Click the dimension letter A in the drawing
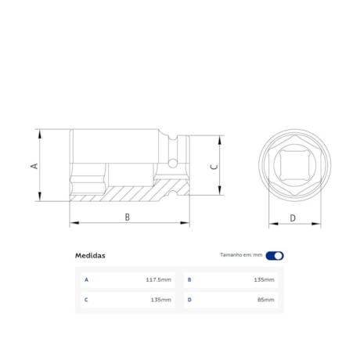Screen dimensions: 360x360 pyautogui.click(x=33, y=166)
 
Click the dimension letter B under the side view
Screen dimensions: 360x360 pyautogui.click(x=127, y=217)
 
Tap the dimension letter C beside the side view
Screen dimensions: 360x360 pyautogui.click(x=214, y=166)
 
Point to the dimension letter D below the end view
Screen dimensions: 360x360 pyautogui.click(x=293, y=218)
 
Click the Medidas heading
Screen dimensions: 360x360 pyautogui.click(x=90, y=255)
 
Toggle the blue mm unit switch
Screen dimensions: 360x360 pyautogui.click(x=275, y=255)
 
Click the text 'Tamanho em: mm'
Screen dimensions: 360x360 pyautogui.click(x=241, y=255)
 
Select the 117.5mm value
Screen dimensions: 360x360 pyautogui.click(x=158, y=279)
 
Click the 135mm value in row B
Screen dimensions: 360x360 pyautogui.click(x=264, y=279)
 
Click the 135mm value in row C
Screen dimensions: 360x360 pyautogui.click(x=160, y=299)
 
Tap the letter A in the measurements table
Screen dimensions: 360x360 pyautogui.click(x=86, y=279)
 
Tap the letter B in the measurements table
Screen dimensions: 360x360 pyautogui.click(x=189, y=279)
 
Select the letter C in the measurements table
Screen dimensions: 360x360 pyautogui.click(x=86, y=299)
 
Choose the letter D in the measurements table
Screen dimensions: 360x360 pyautogui.click(x=189, y=299)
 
